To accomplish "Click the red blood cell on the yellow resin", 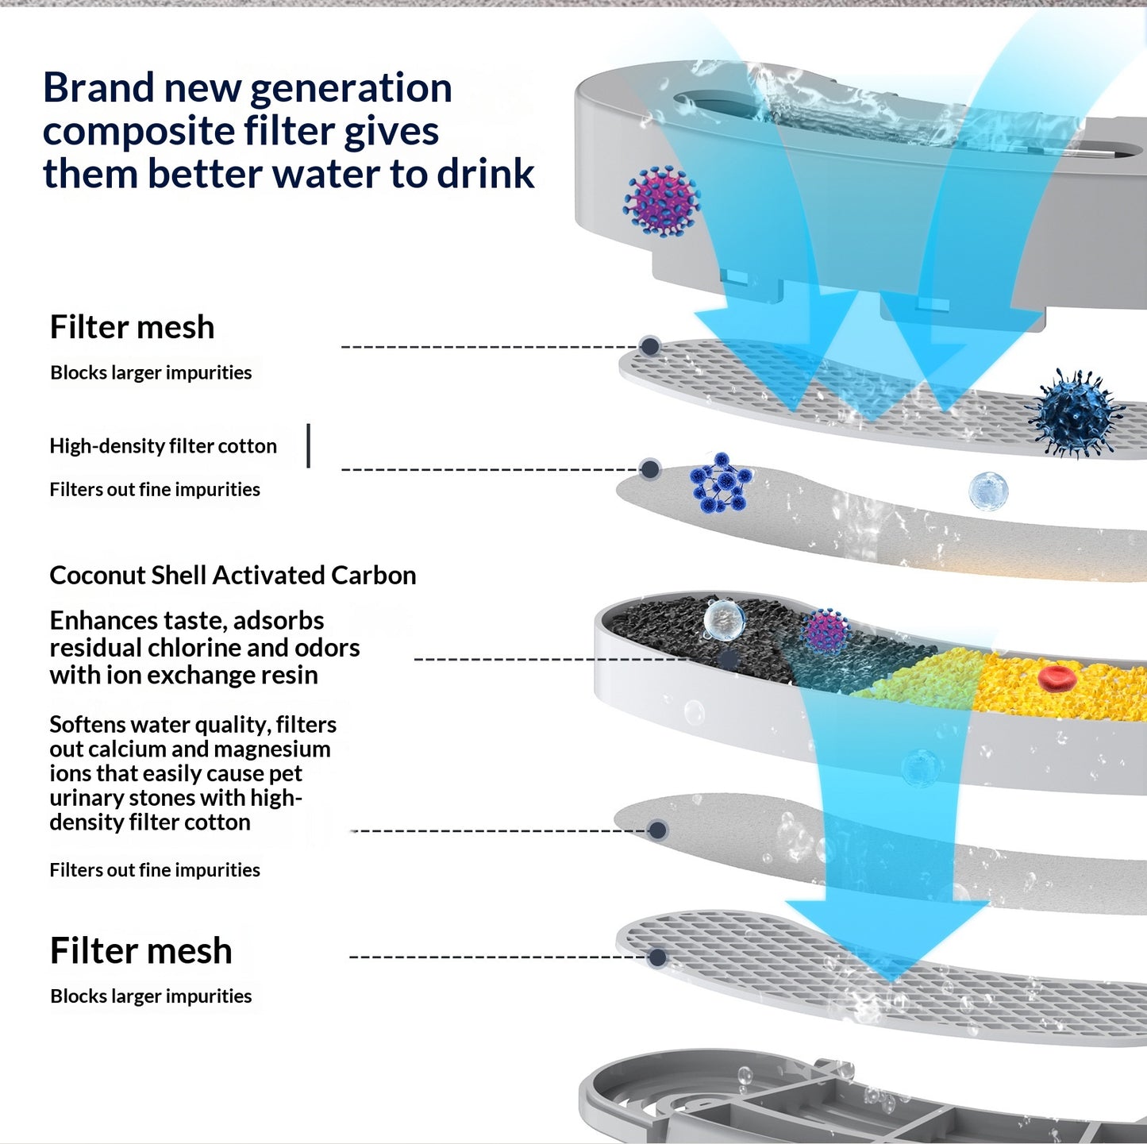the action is [1056, 678].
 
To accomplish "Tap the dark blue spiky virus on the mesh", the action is [1075, 414].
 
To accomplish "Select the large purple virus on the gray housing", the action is [661, 202].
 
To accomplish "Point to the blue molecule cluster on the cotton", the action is [721, 483].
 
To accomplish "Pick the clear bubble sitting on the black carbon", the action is [724, 620].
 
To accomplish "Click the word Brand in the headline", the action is [98, 87].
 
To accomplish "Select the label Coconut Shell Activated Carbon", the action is [233, 576].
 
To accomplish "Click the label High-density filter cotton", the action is [163, 446].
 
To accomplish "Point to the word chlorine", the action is [194, 648].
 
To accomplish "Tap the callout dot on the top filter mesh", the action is [650, 346].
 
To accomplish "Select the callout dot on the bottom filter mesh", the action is [657, 957].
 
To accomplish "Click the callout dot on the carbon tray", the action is [729, 659].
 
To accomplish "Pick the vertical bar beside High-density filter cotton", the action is [308, 445].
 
